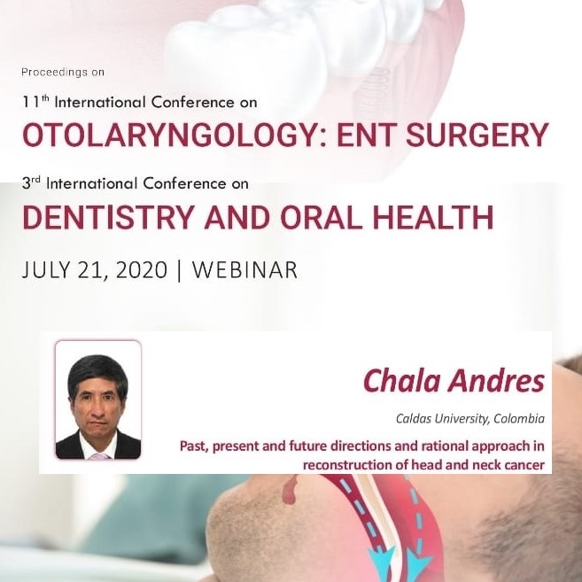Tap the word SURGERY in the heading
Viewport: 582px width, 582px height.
[x=477, y=135]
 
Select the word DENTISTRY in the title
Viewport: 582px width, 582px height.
[x=109, y=217]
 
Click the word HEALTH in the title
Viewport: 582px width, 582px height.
[x=433, y=217]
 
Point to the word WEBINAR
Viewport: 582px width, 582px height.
[x=244, y=270]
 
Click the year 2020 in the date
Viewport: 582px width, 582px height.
[x=142, y=270]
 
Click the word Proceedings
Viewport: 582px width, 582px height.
[x=54, y=72]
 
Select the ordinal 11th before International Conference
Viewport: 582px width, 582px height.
[x=35, y=102]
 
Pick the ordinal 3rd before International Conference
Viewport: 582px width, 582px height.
[x=31, y=183]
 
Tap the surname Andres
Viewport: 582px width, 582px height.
[x=496, y=381]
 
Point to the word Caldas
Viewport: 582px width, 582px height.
[x=414, y=419]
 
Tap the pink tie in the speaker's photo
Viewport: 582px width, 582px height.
[x=98, y=456]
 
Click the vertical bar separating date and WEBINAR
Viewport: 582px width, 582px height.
[x=180, y=270]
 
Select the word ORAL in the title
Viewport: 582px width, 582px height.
[x=321, y=217]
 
